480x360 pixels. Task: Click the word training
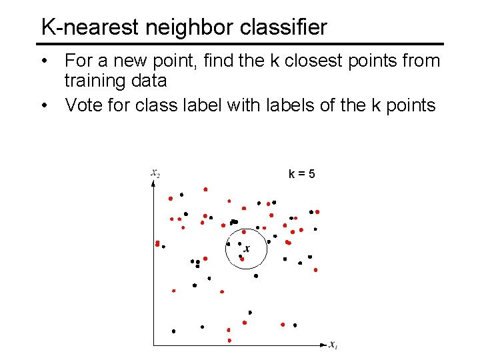(x=96, y=81)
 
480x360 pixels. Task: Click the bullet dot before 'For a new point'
(x=45, y=61)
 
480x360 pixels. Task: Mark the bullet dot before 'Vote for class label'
(x=45, y=105)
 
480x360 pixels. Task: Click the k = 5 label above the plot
(x=302, y=175)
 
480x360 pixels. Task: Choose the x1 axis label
(x=333, y=345)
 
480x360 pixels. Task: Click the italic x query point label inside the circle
(x=247, y=249)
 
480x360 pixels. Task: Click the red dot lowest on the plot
(x=229, y=340)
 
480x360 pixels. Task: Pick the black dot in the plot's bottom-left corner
(x=173, y=331)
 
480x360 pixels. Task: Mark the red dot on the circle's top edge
(x=243, y=232)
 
